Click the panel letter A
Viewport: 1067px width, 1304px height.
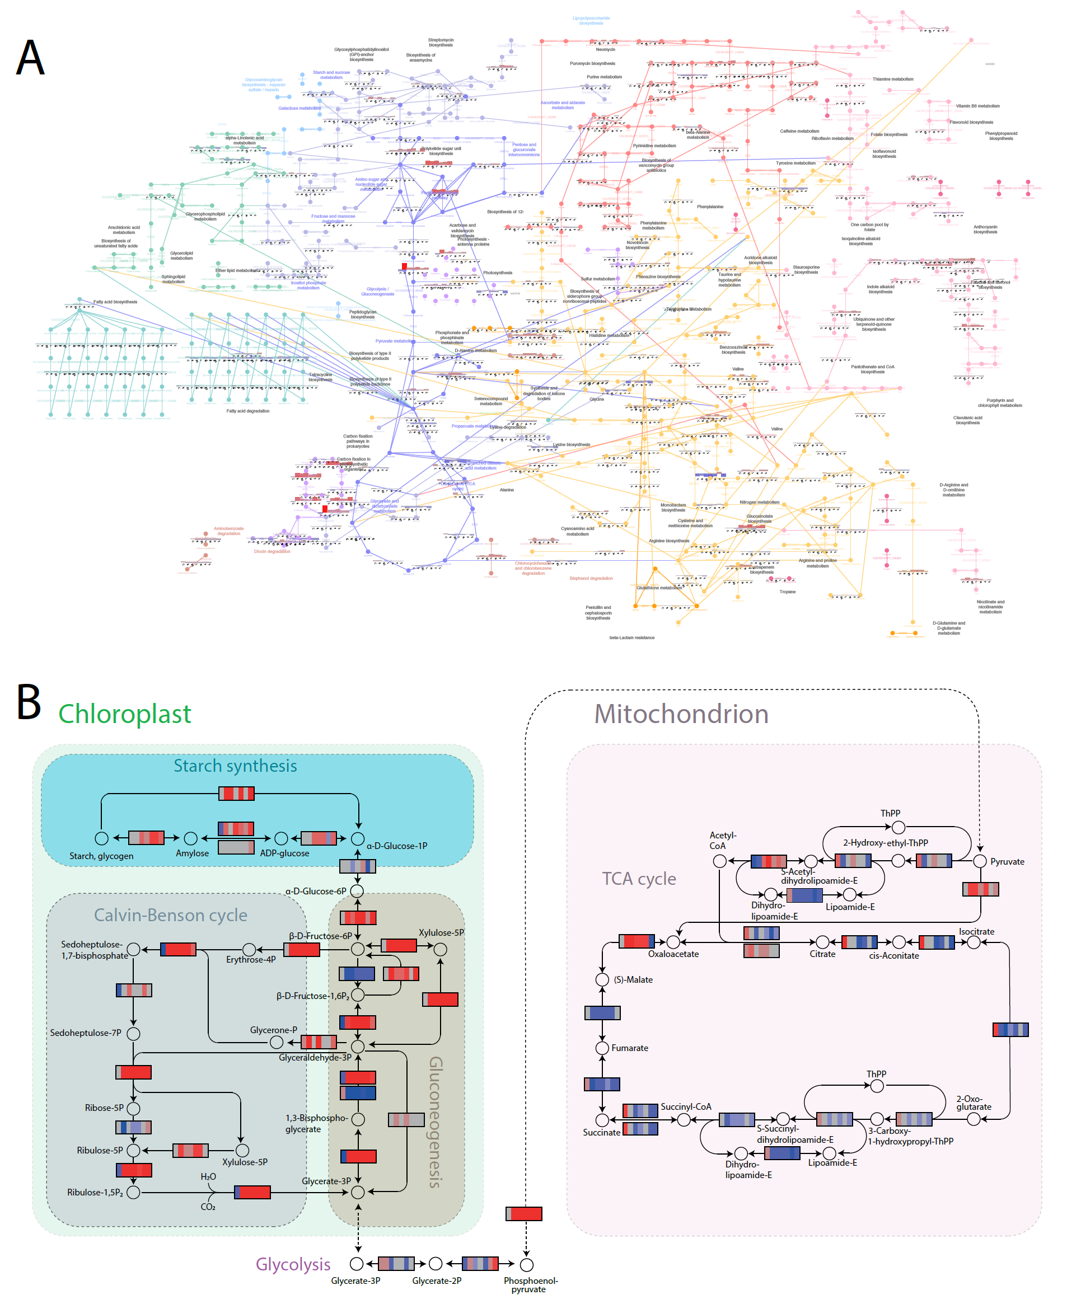pyautogui.click(x=30, y=57)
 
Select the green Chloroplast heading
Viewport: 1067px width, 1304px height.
pyautogui.click(x=124, y=714)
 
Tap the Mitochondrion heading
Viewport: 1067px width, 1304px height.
pyautogui.click(x=681, y=714)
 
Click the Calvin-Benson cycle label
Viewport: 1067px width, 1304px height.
pyautogui.click(x=170, y=915)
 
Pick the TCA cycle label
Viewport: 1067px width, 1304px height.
pyautogui.click(x=639, y=879)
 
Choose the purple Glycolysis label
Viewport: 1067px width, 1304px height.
pyautogui.click(x=293, y=1264)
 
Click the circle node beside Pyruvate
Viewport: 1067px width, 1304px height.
pyautogui.click(x=980, y=861)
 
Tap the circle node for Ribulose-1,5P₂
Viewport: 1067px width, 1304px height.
pyautogui.click(x=133, y=1192)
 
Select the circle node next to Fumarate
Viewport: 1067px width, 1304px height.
pyautogui.click(x=602, y=1048)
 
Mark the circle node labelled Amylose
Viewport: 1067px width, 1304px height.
pyautogui.click(x=190, y=838)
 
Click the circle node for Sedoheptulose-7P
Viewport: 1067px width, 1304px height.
pyautogui.click(x=133, y=1034)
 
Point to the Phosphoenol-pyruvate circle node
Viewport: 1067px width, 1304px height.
pyautogui.click(x=526, y=1265)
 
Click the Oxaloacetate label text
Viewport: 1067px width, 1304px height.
pyautogui.click(x=673, y=954)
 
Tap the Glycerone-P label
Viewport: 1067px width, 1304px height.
pyautogui.click(x=274, y=1030)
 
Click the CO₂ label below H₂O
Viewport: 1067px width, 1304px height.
pyautogui.click(x=208, y=1207)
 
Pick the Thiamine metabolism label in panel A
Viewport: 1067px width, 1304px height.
pyautogui.click(x=892, y=79)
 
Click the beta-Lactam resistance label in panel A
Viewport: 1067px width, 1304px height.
pyautogui.click(x=631, y=637)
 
